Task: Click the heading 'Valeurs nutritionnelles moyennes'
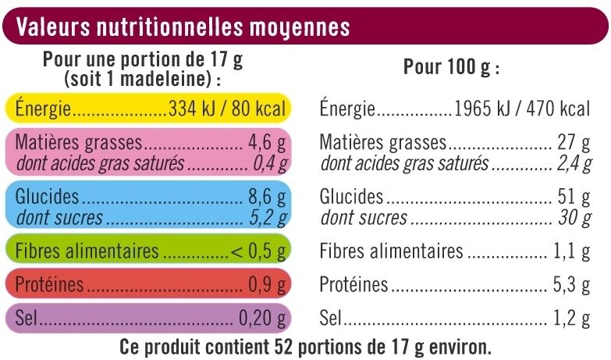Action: pyautogui.click(x=183, y=27)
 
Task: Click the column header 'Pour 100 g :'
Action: pyautogui.click(x=451, y=68)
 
